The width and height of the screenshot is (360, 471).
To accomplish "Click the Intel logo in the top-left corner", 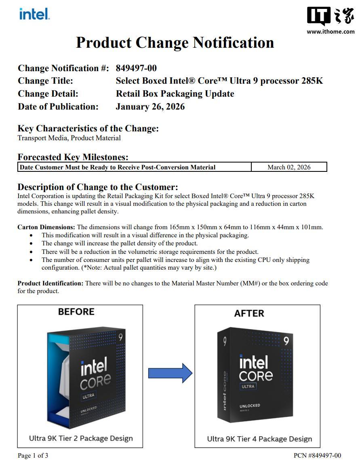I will (34, 15).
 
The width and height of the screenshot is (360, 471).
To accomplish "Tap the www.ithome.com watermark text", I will (331, 32).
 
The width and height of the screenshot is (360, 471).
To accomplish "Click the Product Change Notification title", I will (175, 42).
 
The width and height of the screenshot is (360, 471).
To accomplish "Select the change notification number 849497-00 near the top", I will (136, 68).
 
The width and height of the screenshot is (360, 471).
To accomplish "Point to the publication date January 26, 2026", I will (150, 107).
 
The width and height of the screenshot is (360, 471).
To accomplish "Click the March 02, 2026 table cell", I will (289, 167).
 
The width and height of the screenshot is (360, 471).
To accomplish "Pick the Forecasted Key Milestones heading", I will (73, 157).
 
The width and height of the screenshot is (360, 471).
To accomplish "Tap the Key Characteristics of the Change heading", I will (88, 129).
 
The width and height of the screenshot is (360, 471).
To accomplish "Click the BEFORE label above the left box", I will (76, 312).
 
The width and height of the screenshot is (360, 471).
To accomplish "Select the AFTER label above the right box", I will (249, 313).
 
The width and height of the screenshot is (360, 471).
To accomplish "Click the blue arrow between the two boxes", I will (170, 373).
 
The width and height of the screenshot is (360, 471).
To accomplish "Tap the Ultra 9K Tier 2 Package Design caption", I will (81, 438).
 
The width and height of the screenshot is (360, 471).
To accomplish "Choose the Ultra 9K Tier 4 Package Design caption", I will (259, 439).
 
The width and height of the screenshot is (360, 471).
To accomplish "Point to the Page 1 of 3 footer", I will (33, 456).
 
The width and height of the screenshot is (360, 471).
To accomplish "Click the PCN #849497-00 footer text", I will (317, 456).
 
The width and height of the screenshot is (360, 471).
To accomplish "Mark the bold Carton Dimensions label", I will (46, 227).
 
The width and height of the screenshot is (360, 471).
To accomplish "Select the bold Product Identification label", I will (51, 283).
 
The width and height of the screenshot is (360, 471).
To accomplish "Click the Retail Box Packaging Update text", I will (175, 94).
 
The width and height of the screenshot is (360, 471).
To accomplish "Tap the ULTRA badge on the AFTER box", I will (248, 387).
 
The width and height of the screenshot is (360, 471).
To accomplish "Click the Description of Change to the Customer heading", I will (98, 187).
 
